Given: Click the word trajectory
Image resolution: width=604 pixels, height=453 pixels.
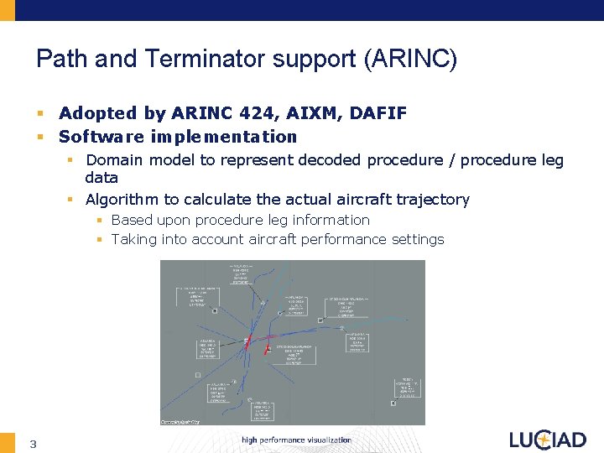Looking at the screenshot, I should (x=430, y=200).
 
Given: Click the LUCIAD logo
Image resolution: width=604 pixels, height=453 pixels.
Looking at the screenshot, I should (x=548, y=440).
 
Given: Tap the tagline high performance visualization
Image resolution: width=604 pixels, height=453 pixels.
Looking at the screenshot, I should (x=296, y=440).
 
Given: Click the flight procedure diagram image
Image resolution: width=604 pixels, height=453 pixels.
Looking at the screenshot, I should (x=292, y=342).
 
